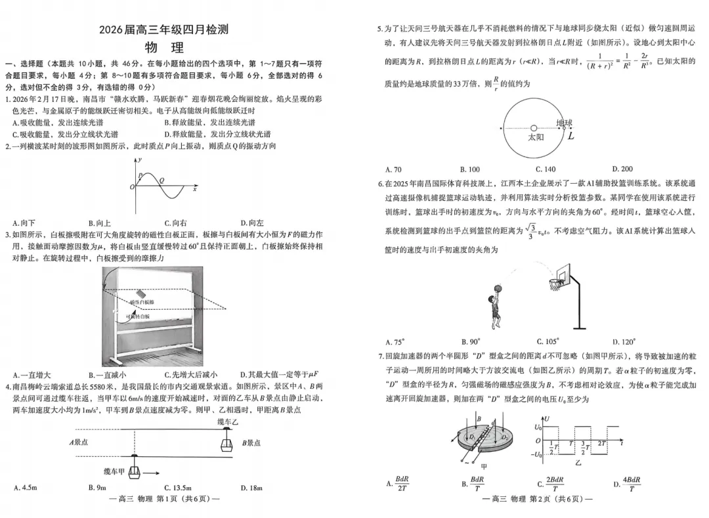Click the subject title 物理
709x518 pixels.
click(164, 47)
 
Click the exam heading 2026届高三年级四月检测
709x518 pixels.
click(164, 30)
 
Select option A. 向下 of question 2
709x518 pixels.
click(24, 223)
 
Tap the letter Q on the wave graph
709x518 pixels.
click(162, 179)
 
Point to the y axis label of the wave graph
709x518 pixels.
click(140, 160)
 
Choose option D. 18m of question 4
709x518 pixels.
click(251, 488)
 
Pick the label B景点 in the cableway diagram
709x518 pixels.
click(252, 442)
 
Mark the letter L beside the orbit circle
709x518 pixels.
click(571, 137)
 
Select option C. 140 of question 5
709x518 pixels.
click(546, 169)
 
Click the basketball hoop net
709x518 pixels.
click(555, 284)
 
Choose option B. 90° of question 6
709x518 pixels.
click(470, 341)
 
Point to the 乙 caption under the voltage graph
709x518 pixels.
click(578, 462)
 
